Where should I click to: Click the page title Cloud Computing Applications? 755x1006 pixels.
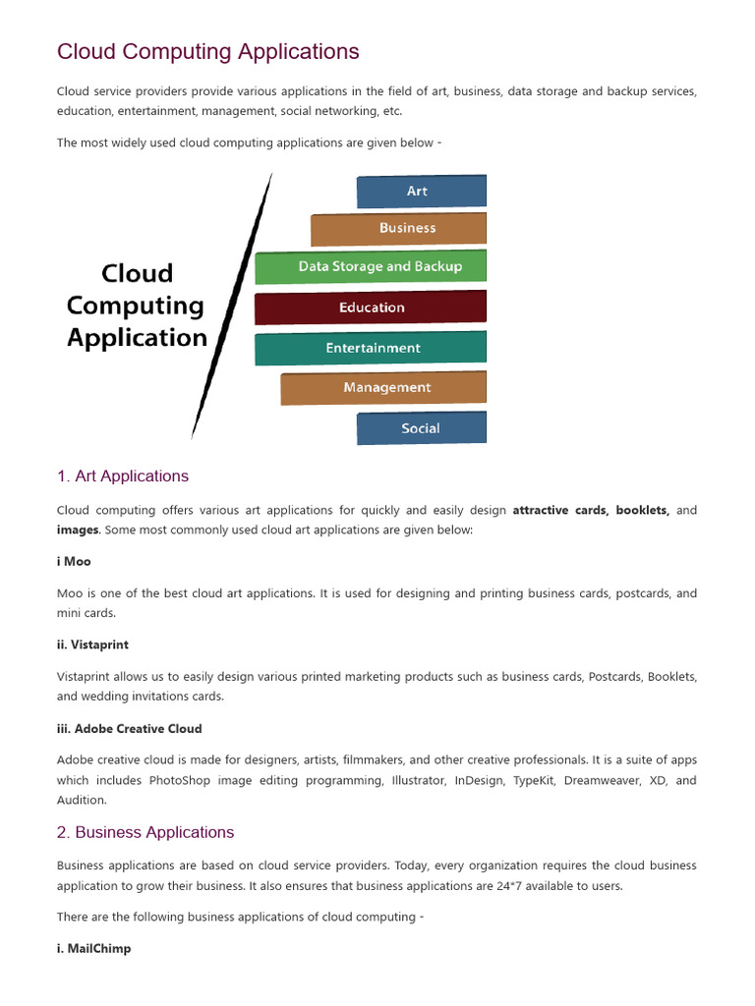(x=208, y=51)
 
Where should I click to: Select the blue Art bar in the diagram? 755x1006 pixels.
(x=421, y=192)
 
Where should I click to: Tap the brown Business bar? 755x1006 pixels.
(x=399, y=228)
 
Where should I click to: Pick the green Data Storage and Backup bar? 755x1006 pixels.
(x=372, y=267)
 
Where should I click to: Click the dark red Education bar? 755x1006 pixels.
(x=371, y=307)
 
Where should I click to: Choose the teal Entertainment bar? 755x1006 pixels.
(x=371, y=348)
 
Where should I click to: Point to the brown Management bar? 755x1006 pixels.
(x=383, y=388)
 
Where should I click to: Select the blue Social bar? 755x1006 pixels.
(x=421, y=428)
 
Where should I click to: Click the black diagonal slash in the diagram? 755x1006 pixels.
(x=232, y=305)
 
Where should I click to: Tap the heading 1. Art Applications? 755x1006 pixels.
(x=123, y=476)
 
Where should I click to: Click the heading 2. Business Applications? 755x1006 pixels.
(x=145, y=833)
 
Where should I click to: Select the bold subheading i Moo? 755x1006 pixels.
(x=74, y=561)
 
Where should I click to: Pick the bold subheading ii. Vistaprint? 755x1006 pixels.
(x=92, y=644)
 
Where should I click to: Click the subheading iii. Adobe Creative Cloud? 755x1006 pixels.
(x=129, y=728)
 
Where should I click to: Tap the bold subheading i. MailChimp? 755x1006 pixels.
(x=93, y=949)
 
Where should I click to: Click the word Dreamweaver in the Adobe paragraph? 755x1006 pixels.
(x=602, y=780)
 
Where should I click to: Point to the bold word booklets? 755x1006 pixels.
(x=642, y=510)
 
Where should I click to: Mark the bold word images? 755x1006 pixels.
(x=78, y=530)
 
